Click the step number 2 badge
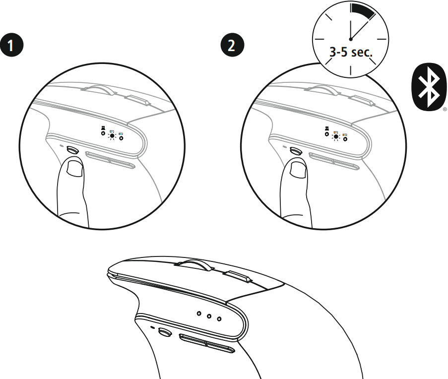[230, 46]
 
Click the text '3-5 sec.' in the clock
[351, 52]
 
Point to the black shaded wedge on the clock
[365, 12]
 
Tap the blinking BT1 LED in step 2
[336, 135]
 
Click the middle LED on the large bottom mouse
[209, 315]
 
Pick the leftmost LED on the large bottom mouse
[199, 313]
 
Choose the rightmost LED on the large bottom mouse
[219, 317]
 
